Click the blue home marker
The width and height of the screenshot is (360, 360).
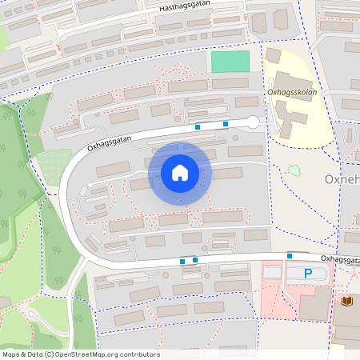pos(180,173)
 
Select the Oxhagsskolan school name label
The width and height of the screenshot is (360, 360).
pos(294,92)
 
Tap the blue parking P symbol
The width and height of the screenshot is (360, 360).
pos(308,274)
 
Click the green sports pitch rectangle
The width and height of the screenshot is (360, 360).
pos(230,62)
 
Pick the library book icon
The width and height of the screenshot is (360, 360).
pos(346,301)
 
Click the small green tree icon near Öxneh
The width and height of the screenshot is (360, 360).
pos(294,170)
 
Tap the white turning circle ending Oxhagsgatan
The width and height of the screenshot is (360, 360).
pos(252,122)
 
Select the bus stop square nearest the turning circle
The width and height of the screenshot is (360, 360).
pos(226,123)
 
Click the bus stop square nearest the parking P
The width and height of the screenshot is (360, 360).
pos(290,256)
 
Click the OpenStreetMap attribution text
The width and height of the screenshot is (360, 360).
pos(80,354)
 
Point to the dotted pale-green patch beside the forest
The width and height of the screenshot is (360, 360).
pos(54,165)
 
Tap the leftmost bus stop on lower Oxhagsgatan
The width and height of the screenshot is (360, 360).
pos(183,261)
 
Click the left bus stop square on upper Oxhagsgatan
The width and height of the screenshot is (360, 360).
pos(198,126)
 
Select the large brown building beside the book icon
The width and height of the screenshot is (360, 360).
pos(346,328)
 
